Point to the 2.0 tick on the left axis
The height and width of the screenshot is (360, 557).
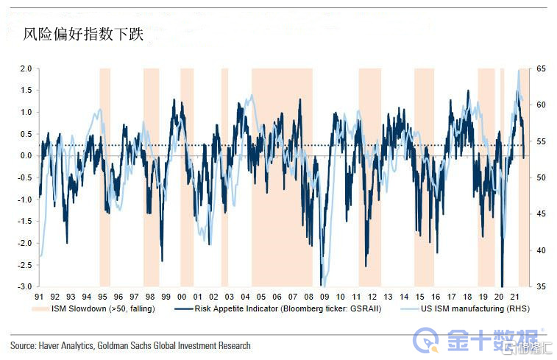click(x=25, y=68)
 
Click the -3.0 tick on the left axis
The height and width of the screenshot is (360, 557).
click(x=24, y=286)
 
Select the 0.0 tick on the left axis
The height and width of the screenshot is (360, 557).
click(x=25, y=156)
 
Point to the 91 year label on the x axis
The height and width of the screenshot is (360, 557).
click(x=40, y=296)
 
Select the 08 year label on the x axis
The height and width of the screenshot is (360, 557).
click(x=308, y=296)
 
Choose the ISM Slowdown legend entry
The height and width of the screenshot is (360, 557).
click(x=103, y=309)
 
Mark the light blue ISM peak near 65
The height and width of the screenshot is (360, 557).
click(x=519, y=71)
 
